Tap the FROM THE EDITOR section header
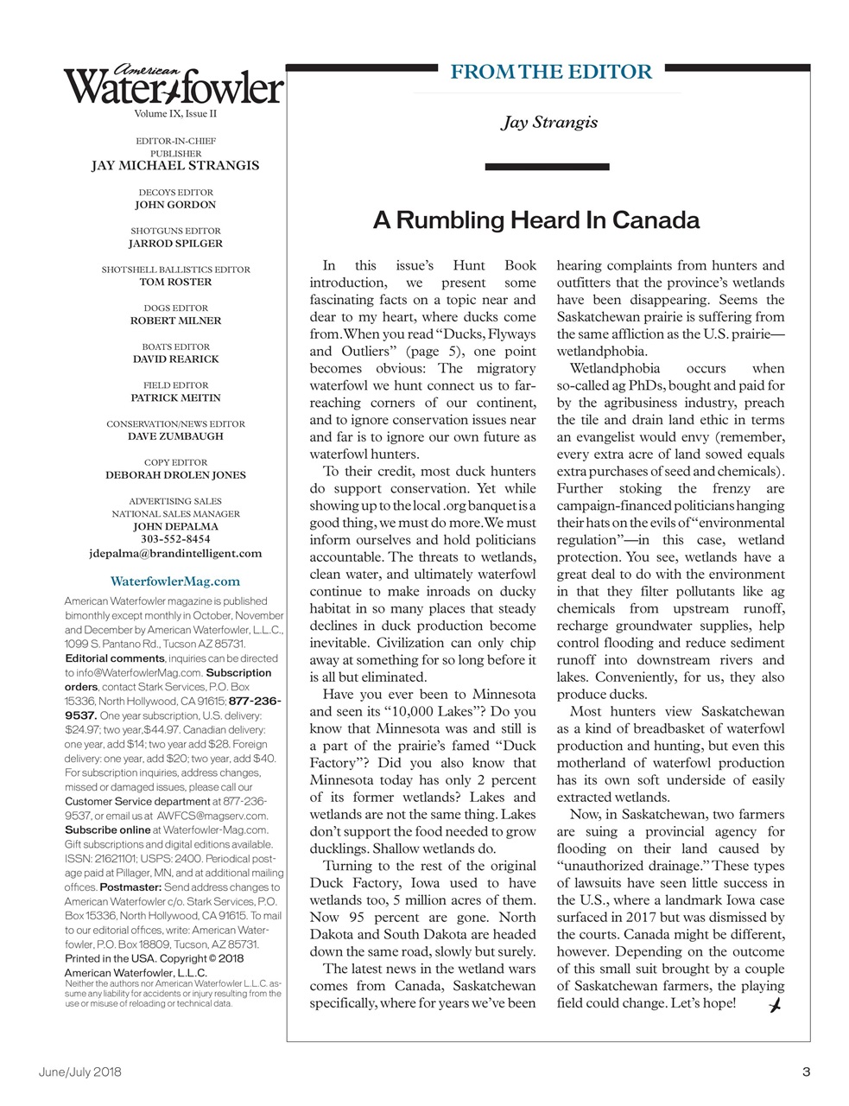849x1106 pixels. pyautogui.click(x=551, y=72)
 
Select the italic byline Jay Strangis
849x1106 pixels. pyautogui.click(x=549, y=122)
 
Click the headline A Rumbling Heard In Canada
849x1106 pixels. pyautogui.click(x=535, y=220)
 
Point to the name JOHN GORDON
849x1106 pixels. pyautogui.click(x=175, y=205)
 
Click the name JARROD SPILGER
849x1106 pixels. pyautogui.click(x=175, y=244)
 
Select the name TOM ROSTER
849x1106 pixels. pyautogui.click(x=175, y=282)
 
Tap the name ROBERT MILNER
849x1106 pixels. pyautogui.click(x=175, y=321)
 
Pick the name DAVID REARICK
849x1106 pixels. pyautogui.click(x=175, y=359)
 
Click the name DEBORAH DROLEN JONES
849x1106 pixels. pyautogui.click(x=175, y=474)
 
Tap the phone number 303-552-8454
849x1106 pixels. pyautogui.click(x=175, y=539)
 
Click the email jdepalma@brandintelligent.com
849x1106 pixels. pyautogui.click(x=175, y=553)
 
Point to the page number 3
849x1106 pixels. pyautogui.click(x=805, y=1072)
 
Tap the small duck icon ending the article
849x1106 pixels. pyautogui.click(x=775, y=1005)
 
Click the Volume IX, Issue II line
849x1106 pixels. pyautogui.click(x=175, y=114)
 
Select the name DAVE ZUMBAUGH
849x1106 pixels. pyautogui.click(x=175, y=436)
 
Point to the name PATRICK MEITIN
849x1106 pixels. pyautogui.click(x=175, y=397)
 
